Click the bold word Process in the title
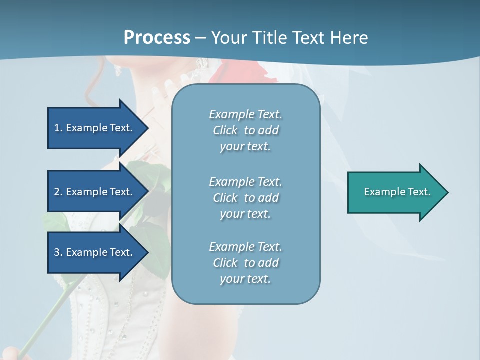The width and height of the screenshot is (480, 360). [x=157, y=38]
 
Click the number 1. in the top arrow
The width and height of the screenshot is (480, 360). [x=58, y=128]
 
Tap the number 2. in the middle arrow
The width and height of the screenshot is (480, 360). [x=58, y=192]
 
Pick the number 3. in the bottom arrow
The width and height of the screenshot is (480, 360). [x=58, y=252]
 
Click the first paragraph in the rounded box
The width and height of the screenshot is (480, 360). [x=245, y=130]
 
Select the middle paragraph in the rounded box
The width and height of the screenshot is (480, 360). [x=245, y=198]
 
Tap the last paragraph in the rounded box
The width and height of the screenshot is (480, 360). [x=245, y=263]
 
